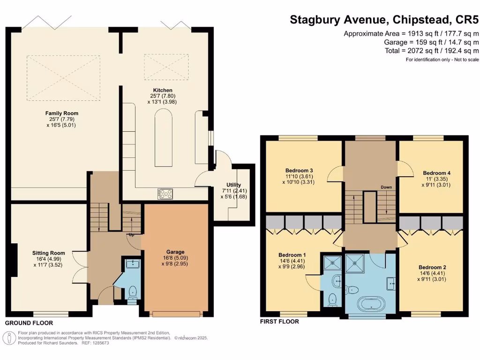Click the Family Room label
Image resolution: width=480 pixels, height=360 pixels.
click(61, 113)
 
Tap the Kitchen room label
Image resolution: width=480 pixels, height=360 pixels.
click(163, 90)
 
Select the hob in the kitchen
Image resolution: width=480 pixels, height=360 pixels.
click(165, 194)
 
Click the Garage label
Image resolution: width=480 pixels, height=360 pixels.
click(176, 252)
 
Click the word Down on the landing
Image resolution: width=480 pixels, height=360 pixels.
click(386, 187)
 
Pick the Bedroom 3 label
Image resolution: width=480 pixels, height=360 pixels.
click(299, 170)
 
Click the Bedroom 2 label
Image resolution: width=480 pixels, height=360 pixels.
click(432, 267)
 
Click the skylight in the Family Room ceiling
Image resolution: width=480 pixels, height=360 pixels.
click(63, 78)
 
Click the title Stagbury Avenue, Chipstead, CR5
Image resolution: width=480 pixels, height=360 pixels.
click(384, 20)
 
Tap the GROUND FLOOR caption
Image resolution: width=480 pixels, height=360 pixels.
click(29, 323)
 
